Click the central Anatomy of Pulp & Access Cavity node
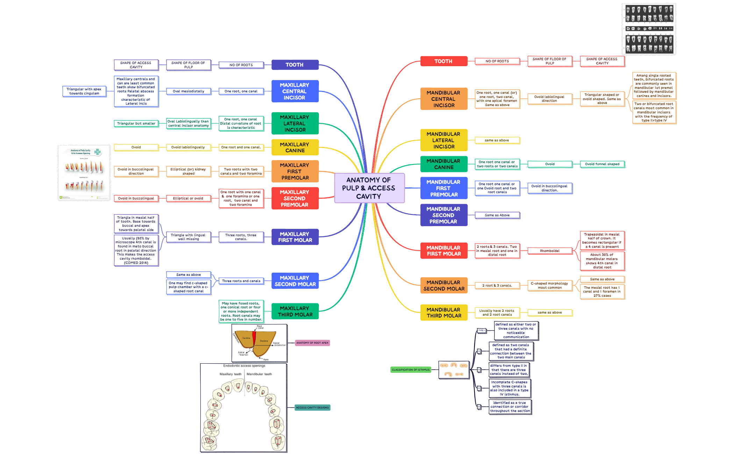click(369, 188)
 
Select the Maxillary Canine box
click(295, 147)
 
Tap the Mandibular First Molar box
click(443, 251)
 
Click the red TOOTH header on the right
click(443, 61)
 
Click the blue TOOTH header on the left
click(295, 65)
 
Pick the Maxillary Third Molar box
click(295, 311)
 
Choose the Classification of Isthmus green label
click(411, 370)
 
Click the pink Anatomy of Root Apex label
click(312, 343)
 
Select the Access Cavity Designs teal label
click(312, 407)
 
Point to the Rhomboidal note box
click(549, 251)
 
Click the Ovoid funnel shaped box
click(602, 164)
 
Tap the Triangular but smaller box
click(136, 124)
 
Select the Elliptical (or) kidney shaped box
click(188, 171)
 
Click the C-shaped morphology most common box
click(549, 285)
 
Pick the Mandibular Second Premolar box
click(443, 215)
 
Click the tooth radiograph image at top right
click(649, 29)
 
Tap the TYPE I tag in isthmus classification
click(481, 330)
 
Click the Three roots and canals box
click(241, 281)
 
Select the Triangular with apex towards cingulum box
click(84, 91)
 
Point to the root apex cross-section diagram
click(259, 343)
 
